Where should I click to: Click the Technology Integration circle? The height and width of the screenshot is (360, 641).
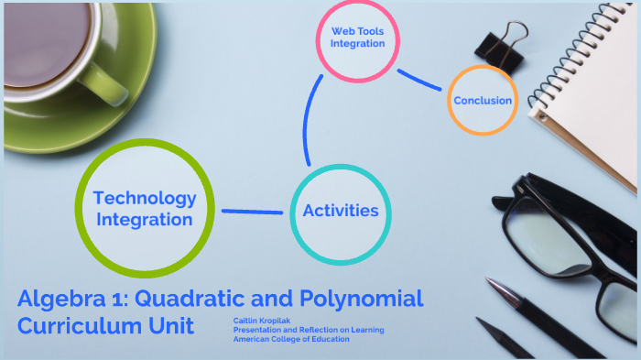(x=146, y=208)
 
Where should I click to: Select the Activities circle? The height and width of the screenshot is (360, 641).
(x=340, y=211)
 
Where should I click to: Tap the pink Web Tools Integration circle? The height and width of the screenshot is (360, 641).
(x=357, y=38)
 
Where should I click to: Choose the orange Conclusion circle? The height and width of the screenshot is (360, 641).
(x=483, y=100)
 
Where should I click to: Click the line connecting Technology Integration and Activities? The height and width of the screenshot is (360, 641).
(x=252, y=212)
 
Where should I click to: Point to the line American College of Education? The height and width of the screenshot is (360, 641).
(x=290, y=339)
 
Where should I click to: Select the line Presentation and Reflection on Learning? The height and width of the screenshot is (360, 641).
(x=308, y=330)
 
